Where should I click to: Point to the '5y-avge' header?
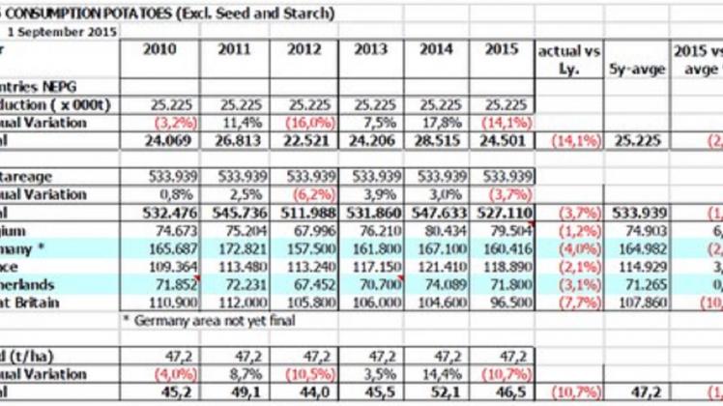pos(633,69)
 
